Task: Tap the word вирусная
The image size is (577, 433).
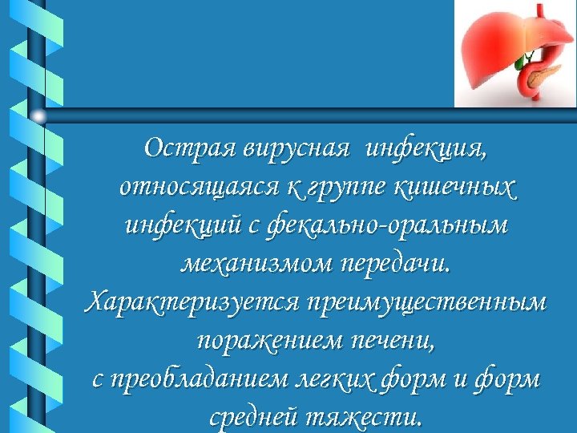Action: pos(296,149)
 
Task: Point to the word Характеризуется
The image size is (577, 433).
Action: pos(190,303)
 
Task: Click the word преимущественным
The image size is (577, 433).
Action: pos(426,303)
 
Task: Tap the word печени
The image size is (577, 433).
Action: pos(391,342)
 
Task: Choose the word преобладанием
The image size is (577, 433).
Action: pos(212,380)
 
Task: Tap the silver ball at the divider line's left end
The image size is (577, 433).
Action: pos(38,116)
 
